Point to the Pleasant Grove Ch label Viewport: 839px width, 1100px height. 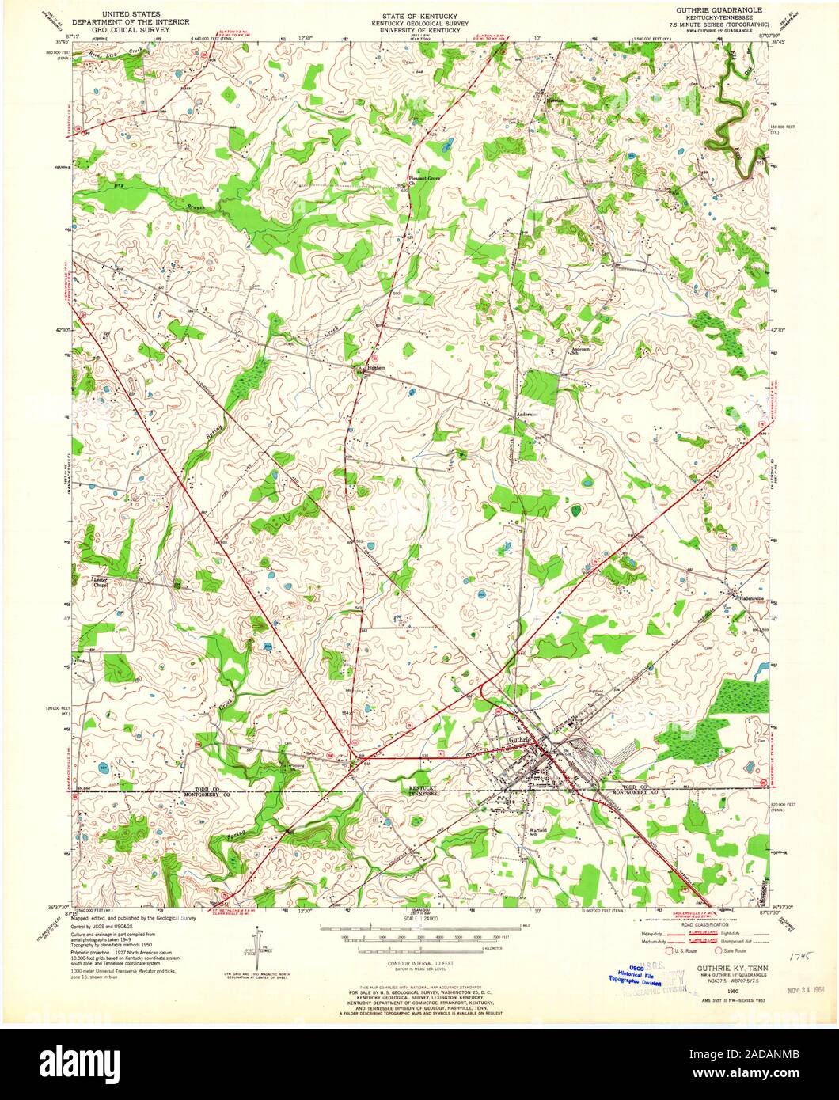422,180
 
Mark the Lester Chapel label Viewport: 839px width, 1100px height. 100,582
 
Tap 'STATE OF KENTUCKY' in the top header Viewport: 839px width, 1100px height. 420,15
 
